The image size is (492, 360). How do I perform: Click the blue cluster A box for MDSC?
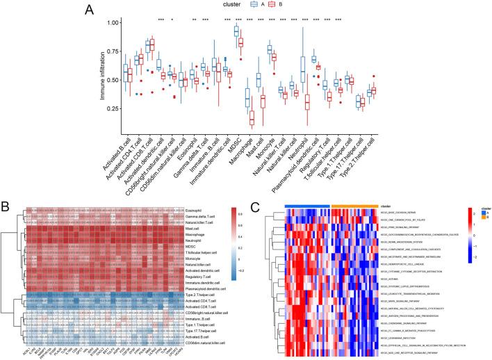236,31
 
